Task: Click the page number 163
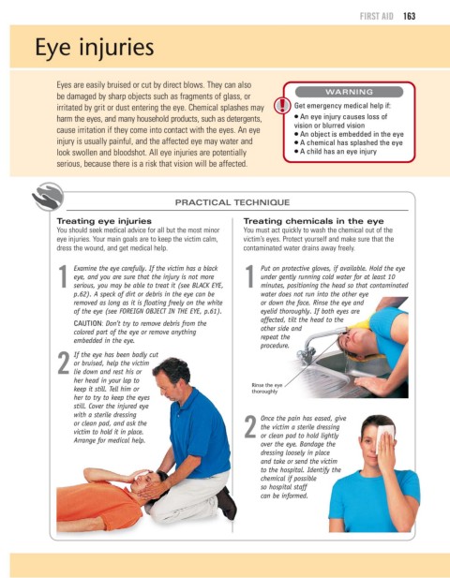tap(409, 16)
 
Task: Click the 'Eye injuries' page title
tap(95, 48)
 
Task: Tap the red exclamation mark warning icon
tap(282, 105)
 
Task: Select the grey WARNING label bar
tap(349, 92)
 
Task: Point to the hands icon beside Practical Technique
tap(48, 197)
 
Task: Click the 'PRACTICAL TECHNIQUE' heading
tap(232, 202)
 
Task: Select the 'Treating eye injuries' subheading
tap(104, 221)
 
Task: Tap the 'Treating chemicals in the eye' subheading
tap(313, 221)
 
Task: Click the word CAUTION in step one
tap(88, 323)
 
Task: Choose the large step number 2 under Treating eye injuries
tap(64, 363)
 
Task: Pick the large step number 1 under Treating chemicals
tap(249, 276)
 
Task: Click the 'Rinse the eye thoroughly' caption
tap(266, 388)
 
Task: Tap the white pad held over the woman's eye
tap(384, 437)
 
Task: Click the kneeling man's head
tap(172, 377)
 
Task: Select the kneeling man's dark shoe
tap(226, 504)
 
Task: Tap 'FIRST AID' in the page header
tap(377, 16)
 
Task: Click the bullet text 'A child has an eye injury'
tap(337, 152)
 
